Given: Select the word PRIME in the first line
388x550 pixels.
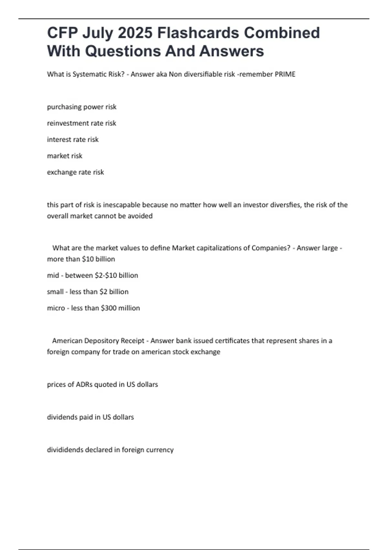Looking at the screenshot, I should [x=285, y=74].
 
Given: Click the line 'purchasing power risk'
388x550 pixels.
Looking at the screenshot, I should [x=81, y=107].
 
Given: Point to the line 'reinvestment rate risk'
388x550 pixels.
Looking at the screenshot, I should [x=81, y=123].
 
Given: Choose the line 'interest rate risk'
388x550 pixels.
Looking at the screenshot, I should [x=73, y=139].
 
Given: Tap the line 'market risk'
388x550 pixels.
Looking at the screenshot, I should [x=65, y=156].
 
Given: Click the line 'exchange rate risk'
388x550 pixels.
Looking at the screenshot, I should [x=75, y=172].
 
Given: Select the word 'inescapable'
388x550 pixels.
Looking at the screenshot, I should [x=122, y=205].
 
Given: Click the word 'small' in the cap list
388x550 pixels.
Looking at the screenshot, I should [x=55, y=292].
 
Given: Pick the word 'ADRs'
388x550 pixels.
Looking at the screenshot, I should [x=84, y=384].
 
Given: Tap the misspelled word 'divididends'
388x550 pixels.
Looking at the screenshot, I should [x=65, y=450].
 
